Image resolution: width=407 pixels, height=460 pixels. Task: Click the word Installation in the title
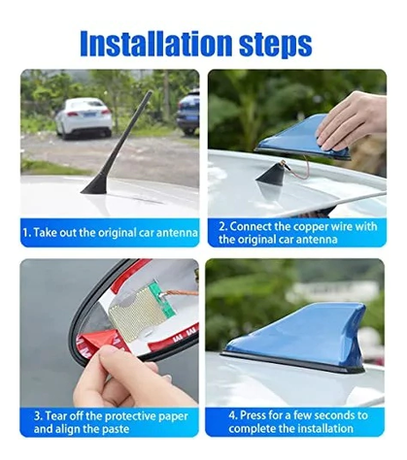(156, 44)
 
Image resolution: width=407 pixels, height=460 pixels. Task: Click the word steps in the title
(276, 45)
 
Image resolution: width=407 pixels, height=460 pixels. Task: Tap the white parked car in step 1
(84, 117)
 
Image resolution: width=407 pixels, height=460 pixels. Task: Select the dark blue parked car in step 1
(188, 112)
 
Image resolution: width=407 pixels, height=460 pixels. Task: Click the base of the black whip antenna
(94, 187)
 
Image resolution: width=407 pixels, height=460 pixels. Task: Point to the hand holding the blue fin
(353, 122)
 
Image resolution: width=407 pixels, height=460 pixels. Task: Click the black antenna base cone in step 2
(271, 175)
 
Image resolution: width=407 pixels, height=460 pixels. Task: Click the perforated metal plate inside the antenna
(137, 313)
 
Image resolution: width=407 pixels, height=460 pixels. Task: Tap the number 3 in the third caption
(37, 415)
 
